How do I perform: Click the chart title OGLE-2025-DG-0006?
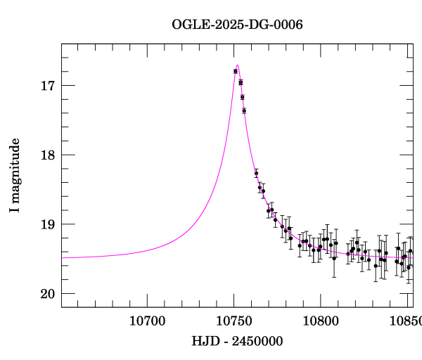(238, 25)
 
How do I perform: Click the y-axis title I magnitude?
(15, 176)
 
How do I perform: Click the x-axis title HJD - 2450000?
(237, 341)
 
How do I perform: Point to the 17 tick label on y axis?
(47, 86)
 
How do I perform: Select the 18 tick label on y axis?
(47, 155)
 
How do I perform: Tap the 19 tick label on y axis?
(47, 224)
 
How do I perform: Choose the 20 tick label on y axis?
(47, 294)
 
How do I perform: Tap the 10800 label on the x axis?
(320, 321)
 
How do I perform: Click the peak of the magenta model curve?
(238, 65)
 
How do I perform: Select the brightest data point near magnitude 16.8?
(236, 71)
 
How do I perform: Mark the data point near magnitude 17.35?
(244, 110)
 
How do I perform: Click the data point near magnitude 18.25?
(256, 173)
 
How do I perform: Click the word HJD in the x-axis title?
(204, 341)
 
